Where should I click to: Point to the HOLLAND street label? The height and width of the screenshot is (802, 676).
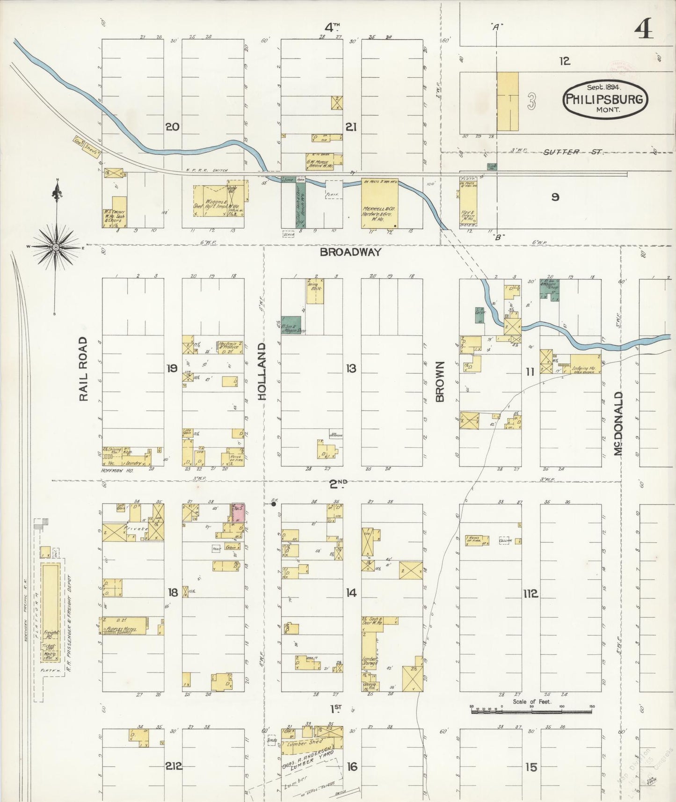[262, 371]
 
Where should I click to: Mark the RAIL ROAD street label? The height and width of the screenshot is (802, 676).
[83, 368]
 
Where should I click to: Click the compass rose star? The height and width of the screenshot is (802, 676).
[56, 247]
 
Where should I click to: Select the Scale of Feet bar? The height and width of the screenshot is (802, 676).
[531, 712]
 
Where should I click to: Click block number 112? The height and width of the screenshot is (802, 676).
[531, 594]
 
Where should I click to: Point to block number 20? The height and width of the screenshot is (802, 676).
[172, 126]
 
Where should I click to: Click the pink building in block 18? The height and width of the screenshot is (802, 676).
[239, 512]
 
